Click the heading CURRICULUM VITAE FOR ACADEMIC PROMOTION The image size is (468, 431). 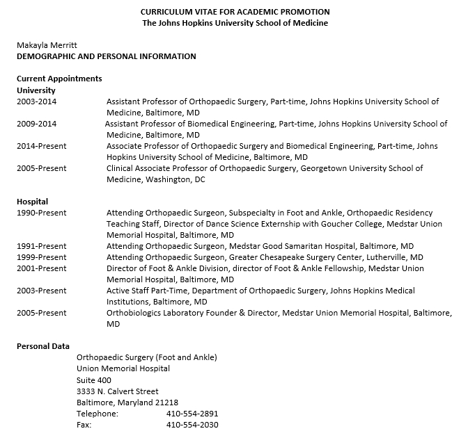(x=235, y=12)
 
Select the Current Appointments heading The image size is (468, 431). (x=59, y=79)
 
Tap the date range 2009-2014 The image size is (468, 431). (x=36, y=124)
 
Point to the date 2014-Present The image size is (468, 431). (x=42, y=146)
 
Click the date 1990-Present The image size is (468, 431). (x=42, y=213)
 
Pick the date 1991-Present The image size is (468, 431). (x=42, y=246)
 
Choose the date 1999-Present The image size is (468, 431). (x=42, y=257)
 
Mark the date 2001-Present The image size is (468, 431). (x=42, y=268)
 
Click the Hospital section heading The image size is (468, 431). (x=32, y=202)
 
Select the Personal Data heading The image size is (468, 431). (x=42, y=346)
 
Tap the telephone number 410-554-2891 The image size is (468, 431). (x=192, y=413)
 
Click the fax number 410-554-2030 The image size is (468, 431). (x=192, y=424)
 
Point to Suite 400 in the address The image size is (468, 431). (x=94, y=380)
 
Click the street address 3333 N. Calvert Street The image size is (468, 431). (x=118, y=391)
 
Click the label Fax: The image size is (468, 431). (x=84, y=424)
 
